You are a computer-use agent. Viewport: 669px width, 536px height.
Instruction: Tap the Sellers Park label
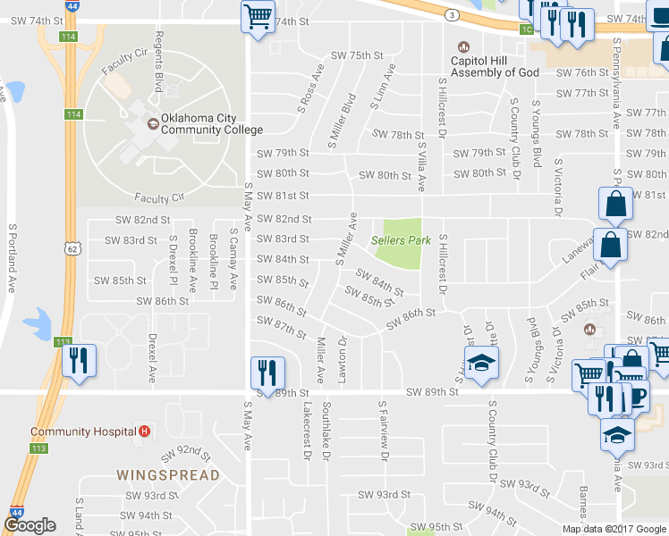[x=402, y=240]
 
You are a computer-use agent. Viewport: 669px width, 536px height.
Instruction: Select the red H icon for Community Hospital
[x=144, y=431]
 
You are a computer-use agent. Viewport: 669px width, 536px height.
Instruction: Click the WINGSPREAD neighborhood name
[x=168, y=474]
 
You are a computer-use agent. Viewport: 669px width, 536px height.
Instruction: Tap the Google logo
[x=30, y=526]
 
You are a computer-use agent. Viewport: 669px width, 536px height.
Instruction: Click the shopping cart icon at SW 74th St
[x=258, y=16]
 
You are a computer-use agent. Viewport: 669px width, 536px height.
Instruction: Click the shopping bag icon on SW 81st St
[x=616, y=205]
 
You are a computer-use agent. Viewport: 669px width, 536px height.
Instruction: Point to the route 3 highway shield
[x=453, y=16]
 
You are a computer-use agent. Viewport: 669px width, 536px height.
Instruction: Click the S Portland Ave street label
[x=12, y=260]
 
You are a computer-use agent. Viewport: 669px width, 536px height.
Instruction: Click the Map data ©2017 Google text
[x=613, y=529]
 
